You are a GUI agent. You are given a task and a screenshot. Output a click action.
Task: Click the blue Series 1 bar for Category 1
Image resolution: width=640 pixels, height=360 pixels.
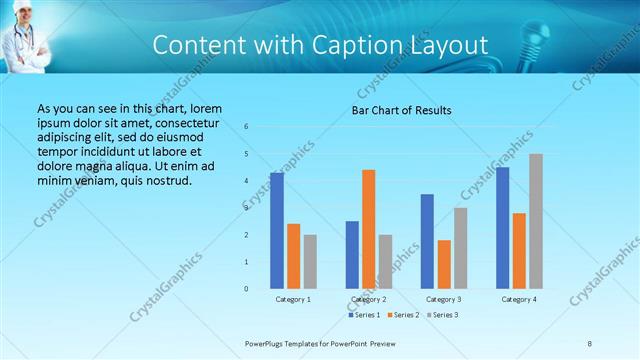coord(277,231)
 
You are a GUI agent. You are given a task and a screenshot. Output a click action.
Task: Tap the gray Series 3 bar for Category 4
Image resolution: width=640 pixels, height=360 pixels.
coord(536,221)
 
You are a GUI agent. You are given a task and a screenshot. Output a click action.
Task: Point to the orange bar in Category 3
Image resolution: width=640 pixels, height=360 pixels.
coord(444,264)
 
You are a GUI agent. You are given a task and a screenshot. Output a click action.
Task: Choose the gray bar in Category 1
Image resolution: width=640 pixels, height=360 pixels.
coord(310,262)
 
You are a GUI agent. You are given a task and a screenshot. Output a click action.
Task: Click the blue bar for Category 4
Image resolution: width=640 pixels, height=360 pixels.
coord(502,228)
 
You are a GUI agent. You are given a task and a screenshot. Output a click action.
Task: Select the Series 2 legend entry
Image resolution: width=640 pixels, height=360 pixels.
coord(402,315)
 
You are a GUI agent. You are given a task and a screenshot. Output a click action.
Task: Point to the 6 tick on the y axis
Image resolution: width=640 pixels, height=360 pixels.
coord(247,127)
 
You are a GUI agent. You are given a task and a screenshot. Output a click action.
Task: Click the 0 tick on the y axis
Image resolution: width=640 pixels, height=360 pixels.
coord(247,289)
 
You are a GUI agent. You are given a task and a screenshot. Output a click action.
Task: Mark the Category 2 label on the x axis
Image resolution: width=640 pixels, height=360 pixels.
coord(369,299)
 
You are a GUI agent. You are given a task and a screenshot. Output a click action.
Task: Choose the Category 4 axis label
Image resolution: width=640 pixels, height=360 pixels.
coord(519,299)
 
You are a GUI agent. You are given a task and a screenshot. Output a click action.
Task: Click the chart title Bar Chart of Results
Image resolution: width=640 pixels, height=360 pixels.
coord(401,110)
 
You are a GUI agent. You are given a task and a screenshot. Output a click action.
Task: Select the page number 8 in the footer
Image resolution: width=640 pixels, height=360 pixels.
coord(589,343)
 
